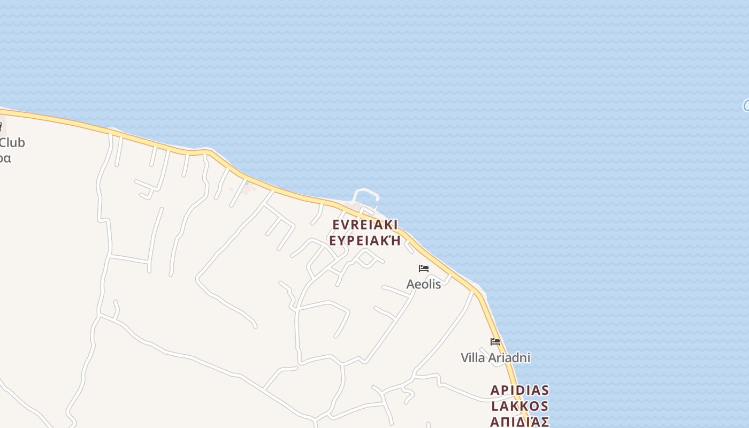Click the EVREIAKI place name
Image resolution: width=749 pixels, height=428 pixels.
(x=365, y=225)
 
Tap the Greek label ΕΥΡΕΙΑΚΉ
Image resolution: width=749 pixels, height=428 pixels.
(x=365, y=240)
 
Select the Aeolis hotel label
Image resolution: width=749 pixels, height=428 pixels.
(x=424, y=284)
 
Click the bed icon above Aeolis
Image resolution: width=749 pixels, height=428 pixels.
(x=424, y=268)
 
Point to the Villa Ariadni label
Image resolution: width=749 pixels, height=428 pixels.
(x=495, y=357)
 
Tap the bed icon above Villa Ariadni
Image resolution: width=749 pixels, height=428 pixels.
(x=495, y=341)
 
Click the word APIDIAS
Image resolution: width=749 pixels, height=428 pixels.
(x=519, y=390)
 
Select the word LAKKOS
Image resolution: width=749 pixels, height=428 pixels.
(x=519, y=406)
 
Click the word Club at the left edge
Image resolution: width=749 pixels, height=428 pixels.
(x=12, y=143)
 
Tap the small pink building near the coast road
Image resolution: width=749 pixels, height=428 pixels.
(x=247, y=188)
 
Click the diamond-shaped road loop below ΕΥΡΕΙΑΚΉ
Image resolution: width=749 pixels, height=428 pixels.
(x=366, y=258)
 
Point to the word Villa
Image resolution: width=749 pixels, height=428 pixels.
(x=472, y=357)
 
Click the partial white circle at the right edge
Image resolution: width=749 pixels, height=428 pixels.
(x=746, y=105)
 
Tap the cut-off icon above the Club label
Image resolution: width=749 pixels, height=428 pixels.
(x=1, y=127)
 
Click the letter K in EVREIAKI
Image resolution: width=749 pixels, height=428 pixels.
(x=386, y=225)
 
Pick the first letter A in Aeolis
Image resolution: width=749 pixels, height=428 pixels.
(x=410, y=284)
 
